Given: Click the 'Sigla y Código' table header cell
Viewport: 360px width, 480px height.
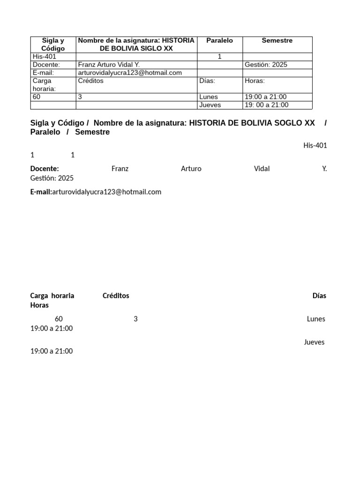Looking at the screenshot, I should [x=53, y=45].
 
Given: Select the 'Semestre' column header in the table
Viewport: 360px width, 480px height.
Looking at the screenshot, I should [x=277, y=41].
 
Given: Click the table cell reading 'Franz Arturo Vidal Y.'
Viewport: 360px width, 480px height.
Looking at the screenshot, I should [x=109, y=65].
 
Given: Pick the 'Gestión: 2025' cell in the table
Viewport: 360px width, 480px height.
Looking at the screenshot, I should [x=266, y=65].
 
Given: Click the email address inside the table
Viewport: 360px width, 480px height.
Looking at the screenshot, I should [x=130, y=73].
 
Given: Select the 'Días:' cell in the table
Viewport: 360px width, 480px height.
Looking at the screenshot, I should [x=207, y=81].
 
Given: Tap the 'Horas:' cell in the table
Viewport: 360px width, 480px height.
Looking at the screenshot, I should [x=255, y=81].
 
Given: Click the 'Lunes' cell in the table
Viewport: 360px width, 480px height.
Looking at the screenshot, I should [x=209, y=97].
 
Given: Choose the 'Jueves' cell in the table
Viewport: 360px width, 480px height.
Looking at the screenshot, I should [x=210, y=105].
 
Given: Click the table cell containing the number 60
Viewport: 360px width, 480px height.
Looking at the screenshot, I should [x=37, y=97].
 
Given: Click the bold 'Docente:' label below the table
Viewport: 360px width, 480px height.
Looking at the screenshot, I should [x=45, y=169].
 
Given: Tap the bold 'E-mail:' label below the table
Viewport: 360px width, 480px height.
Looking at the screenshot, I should [x=41, y=192].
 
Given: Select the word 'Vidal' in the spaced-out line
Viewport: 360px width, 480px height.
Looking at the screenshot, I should [x=262, y=169].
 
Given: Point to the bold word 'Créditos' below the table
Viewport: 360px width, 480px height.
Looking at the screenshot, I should [x=116, y=296].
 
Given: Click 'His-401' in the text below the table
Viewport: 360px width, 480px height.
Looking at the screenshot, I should [x=315, y=145].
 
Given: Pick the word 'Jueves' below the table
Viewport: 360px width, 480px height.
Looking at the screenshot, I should [x=314, y=342].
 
